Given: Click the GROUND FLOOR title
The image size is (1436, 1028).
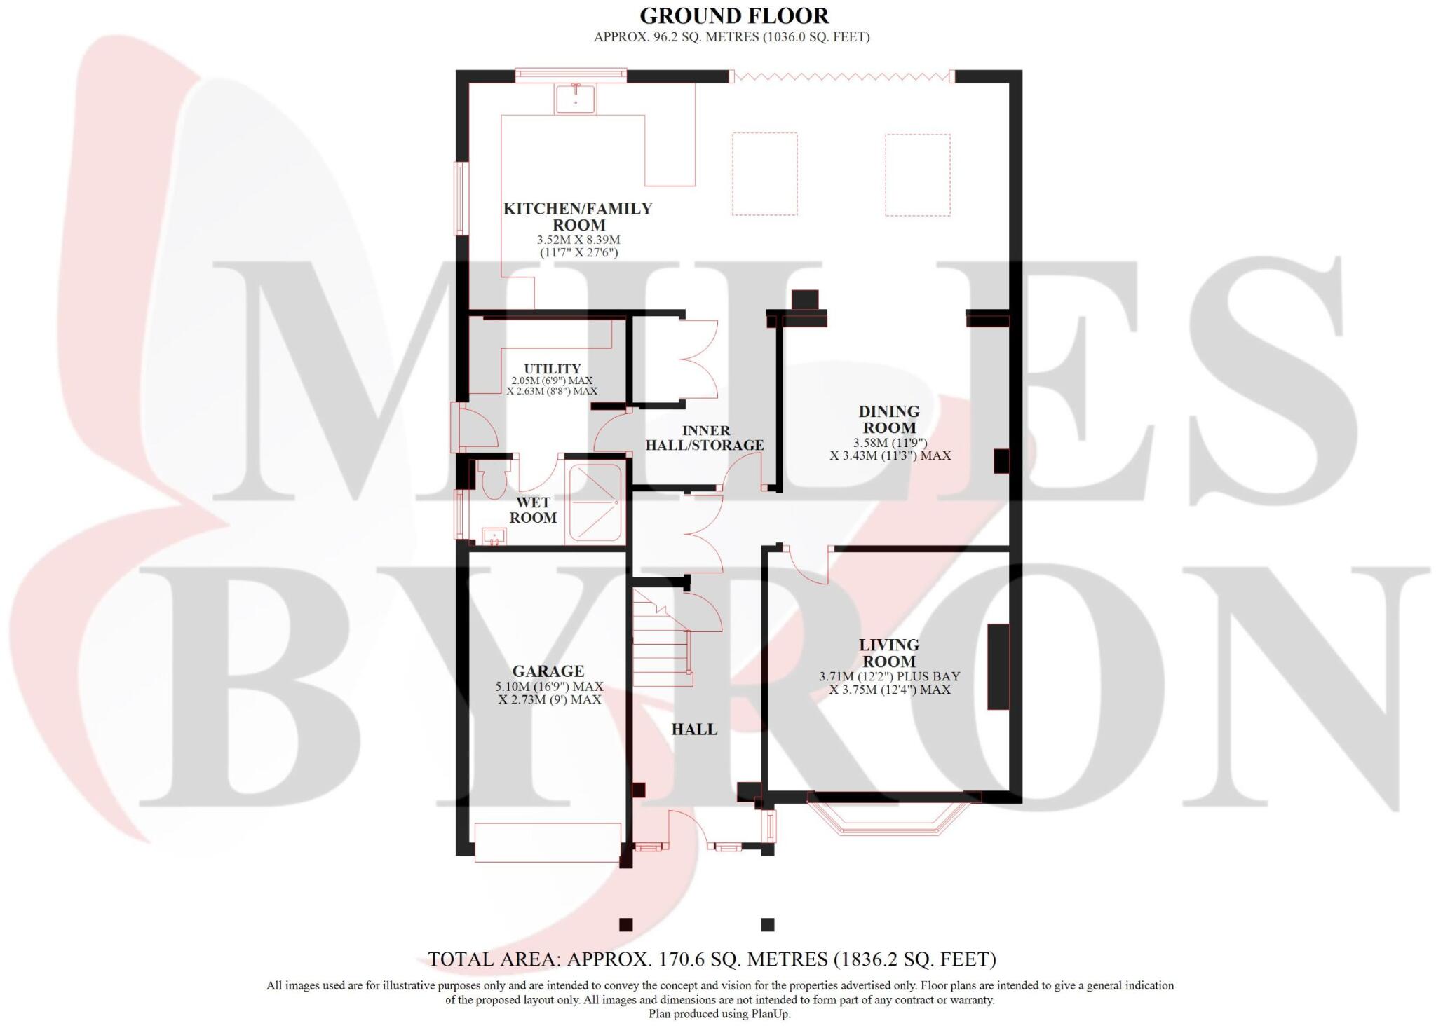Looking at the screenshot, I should [733, 15].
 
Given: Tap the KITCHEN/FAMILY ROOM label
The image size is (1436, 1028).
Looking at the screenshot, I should [578, 217].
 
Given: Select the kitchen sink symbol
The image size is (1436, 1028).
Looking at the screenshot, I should [575, 99].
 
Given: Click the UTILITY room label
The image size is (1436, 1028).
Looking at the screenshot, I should [552, 369].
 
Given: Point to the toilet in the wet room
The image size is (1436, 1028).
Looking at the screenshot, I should [495, 479].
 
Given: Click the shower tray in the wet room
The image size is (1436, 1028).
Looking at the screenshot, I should [595, 502].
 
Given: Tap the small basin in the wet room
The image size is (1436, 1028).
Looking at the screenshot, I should [495, 537].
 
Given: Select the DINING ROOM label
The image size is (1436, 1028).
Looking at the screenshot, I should [888, 419].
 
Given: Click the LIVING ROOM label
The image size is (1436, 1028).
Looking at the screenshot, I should [888, 652].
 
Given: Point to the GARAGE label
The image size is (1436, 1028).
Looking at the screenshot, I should [548, 671].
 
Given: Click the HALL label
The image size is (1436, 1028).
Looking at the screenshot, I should [694, 729].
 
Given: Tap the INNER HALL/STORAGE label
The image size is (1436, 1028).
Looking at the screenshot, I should [704, 438].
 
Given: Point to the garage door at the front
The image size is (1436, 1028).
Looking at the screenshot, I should [547, 842].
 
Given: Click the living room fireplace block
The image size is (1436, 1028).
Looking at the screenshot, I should [998, 666].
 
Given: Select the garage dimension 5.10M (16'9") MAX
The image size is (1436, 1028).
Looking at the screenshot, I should [549, 687].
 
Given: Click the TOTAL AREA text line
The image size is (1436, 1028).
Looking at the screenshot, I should [712, 959].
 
